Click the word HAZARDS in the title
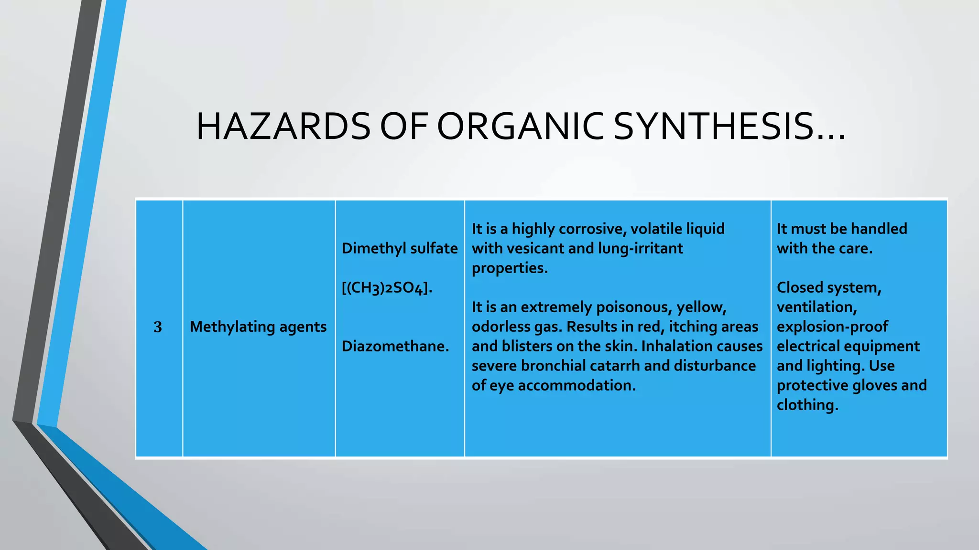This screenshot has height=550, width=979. pos(283,127)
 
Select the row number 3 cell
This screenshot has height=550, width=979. pos(158,328)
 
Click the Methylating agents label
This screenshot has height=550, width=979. pos(258,327)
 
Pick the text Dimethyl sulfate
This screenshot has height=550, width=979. pos(400,248)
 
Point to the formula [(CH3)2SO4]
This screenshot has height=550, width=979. pos(387,288)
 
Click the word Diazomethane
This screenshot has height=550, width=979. pos(395,346)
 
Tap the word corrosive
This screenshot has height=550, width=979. pos(592,229)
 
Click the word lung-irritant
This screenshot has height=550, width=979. pos(640,249)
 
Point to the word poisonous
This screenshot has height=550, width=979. pos(633,307)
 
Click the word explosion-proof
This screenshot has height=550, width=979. pos(832,327)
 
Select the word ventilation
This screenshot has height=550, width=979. pos(816,307)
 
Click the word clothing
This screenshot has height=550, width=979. pos(807,405)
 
